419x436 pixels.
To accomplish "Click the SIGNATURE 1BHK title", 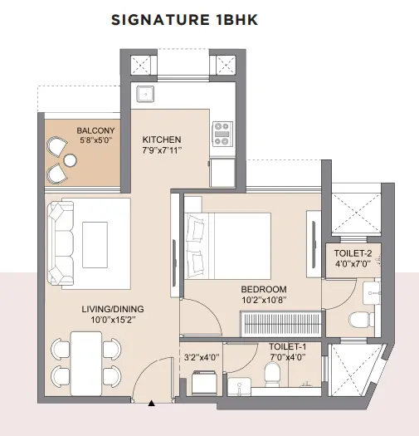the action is [184, 20].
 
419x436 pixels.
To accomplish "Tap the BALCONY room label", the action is [95, 130].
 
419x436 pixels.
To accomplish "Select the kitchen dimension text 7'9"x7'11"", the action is [162, 150].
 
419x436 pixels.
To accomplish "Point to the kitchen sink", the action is [145, 94].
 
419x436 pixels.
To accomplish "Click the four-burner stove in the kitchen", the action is [222, 134].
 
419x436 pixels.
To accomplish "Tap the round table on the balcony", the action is [70, 160].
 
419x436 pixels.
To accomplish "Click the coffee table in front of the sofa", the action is [95, 245].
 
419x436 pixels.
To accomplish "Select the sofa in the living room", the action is [61, 243].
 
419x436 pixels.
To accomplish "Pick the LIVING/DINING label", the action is [113, 309].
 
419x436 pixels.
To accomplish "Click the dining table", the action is [86, 364].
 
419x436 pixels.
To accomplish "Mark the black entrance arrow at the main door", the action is [152, 403].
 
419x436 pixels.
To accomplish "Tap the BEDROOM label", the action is [264, 289].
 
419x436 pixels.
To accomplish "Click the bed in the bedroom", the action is [228, 246].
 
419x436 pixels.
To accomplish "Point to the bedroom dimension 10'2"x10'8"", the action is [264, 301].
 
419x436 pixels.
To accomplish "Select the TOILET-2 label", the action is [353, 253].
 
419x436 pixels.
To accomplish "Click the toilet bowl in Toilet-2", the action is [361, 320].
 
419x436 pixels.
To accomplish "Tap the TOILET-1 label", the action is [288, 346].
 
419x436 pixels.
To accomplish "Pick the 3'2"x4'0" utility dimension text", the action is [202, 357].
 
